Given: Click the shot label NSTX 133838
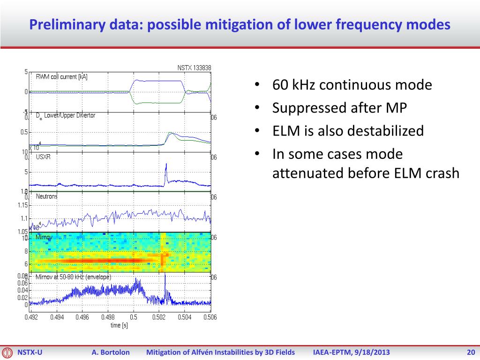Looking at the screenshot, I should pos(194,67).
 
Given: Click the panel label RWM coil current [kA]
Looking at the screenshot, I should pos(62,77).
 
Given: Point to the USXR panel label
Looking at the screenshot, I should pos(43,157).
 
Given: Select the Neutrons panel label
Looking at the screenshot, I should pos(47,196).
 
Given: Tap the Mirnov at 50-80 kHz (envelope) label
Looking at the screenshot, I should pos(74,277).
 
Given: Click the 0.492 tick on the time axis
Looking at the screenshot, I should pos(30,317).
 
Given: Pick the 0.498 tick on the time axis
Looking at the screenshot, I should pos(107,317).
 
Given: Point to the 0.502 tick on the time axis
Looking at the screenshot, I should pos(159,317).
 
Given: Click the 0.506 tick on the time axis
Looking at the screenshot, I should pos(210,317).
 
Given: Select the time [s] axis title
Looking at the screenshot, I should pos(119,325).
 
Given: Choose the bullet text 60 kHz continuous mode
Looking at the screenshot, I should pos(352,85).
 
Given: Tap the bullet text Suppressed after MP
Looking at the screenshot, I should pos(339,108).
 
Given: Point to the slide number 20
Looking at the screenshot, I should pos(471,352).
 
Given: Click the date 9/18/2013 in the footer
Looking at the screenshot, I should pos(371,352).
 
